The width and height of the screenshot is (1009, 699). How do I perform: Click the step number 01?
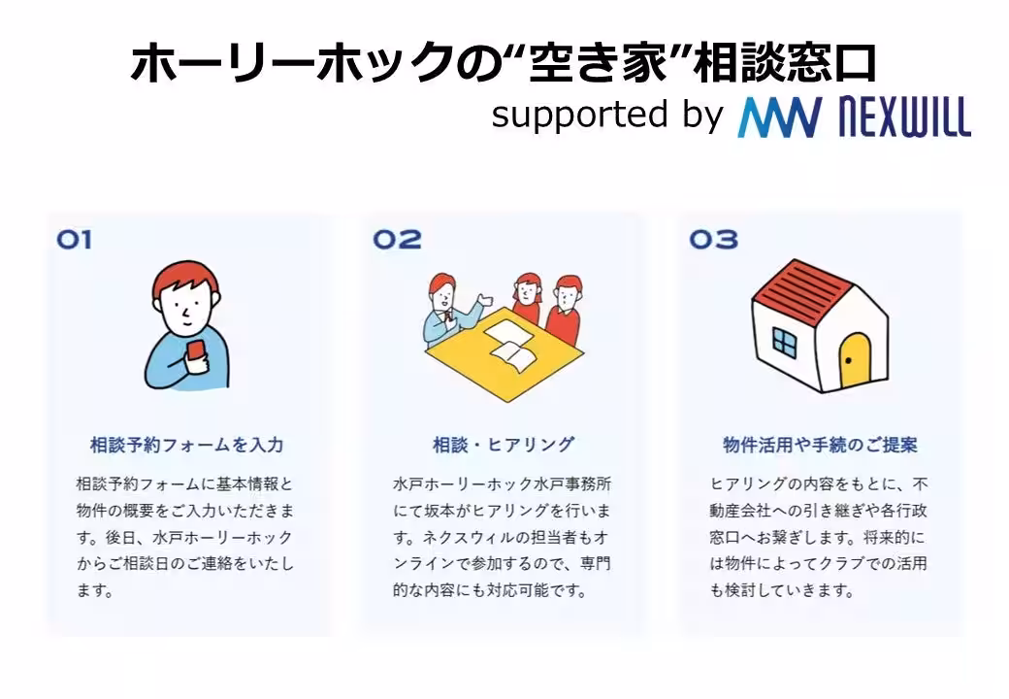[x=74, y=239]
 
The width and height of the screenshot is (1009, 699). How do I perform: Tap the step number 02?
[x=397, y=239]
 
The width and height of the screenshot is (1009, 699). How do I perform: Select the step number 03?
[x=713, y=239]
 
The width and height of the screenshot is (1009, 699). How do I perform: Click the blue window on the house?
[x=784, y=340]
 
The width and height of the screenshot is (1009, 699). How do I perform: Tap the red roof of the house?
[x=803, y=286]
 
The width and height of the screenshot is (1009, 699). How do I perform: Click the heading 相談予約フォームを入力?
[x=186, y=446]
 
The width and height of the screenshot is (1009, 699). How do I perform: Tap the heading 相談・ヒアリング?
[x=503, y=446]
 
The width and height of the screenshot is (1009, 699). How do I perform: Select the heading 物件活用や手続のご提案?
[x=820, y=446]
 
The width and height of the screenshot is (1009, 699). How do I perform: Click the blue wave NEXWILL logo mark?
[x=779, y=116]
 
